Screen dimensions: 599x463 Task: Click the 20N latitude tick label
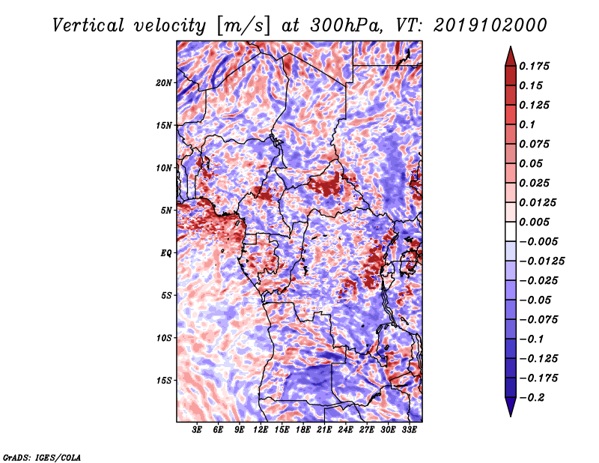pyautogui.click(x=163, y=83)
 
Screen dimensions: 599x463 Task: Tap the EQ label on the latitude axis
pyautogui.click(x=166, y=253)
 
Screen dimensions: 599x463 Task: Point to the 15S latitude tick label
pyautogui.click(x=163, y=381)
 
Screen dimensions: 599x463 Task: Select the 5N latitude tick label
pyautogui.click(x=166, y=211)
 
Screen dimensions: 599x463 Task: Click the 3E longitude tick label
pyautogui.click(x=197, y=430)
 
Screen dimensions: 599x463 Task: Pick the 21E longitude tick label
pyautogui.click(x=324, y=430)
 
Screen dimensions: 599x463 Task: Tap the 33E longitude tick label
pyautogui.click(x=409, y=430)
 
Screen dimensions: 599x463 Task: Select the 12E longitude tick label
pyautogui.click(x=261, y=430)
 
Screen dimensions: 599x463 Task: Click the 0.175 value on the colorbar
pyautogui.click(x=534, y=66)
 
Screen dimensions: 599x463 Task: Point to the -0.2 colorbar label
pyautogui.click(x=532, y=398)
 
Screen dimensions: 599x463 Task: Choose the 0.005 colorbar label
pyautogui.click(x=534, y=222)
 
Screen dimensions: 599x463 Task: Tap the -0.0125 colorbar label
pyautogui.click(x=542, y=261)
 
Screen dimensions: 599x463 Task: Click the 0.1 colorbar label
pyautogui.click(x=527, y=124)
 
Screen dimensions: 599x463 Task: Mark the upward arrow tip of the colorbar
pyautogui.click(x=511, y=46)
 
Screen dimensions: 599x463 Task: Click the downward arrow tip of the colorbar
pyautogui.click(x=511, y=417)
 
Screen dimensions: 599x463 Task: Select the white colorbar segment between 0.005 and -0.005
pyautogui.click(x=511, y=231)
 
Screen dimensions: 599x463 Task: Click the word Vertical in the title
pyautogui.click(x=88, y=25)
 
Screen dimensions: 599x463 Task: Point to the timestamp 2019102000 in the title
pyautogui.click(x=490, y=25)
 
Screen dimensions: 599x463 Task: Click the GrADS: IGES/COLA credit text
pyautogui.click(x=42, y=457)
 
